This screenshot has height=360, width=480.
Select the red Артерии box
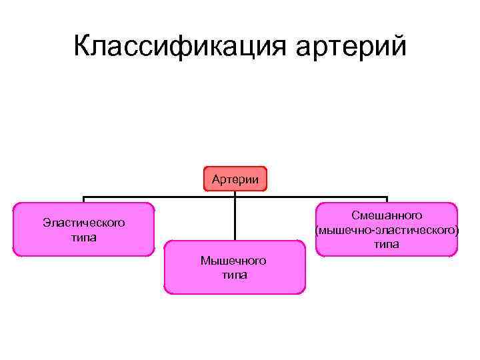(235, 179)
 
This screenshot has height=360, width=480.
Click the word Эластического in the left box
(83, 222)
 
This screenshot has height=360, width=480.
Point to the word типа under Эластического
(83, 237)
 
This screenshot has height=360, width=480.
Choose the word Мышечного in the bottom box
(234, 260)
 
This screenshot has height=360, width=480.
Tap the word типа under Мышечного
(234, 274)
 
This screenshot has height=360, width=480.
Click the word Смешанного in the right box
(387, 215)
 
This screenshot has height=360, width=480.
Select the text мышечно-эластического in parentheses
(387, 230)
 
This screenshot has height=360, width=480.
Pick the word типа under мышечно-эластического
(387, 245)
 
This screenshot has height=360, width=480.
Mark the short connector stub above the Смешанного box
(387, 199)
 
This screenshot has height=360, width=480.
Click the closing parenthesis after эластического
(457, 231)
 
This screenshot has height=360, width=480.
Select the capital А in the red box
(216, 179)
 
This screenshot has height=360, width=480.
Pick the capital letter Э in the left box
(46, 222)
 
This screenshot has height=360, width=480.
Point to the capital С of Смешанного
(355, 215)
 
